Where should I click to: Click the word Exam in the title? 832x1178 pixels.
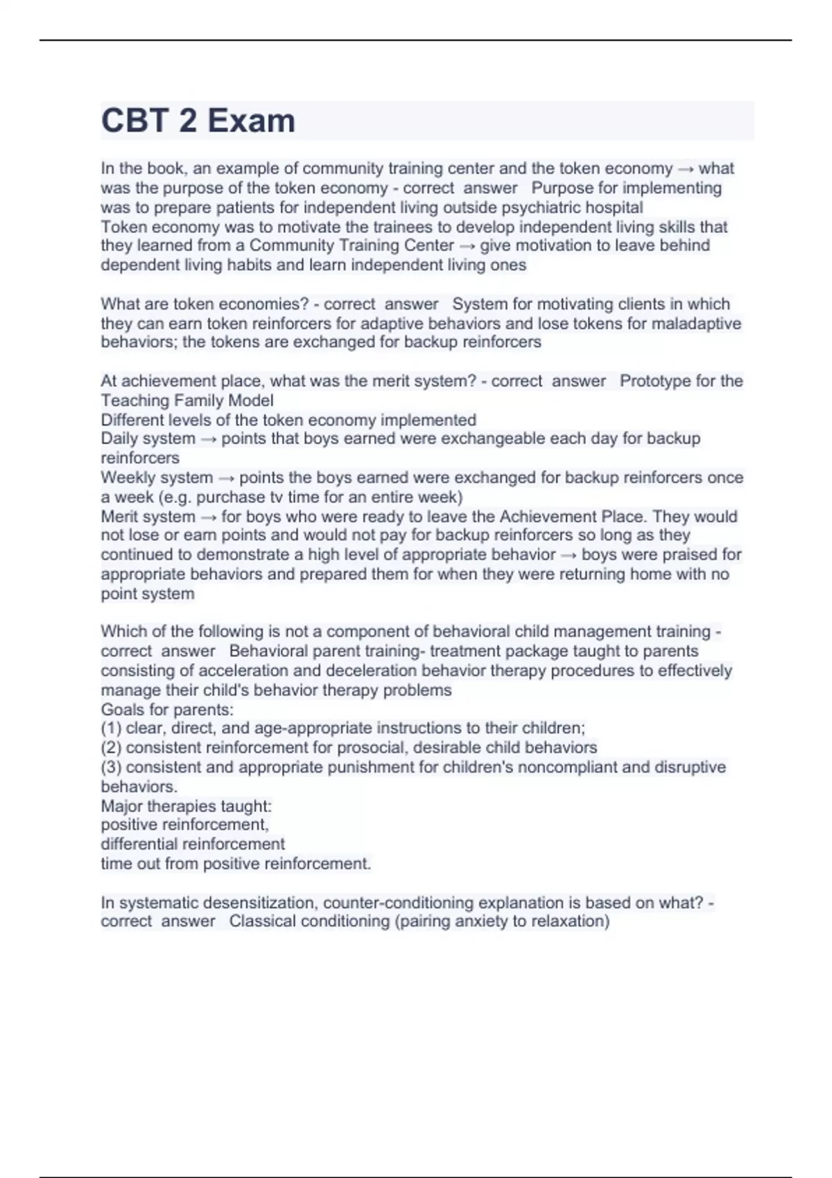[x=251, y=121]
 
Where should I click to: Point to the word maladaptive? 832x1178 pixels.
[x=694, y=324]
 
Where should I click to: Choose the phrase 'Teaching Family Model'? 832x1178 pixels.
[x=187, y=401]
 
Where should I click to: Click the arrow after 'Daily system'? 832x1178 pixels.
[x=208, y=439]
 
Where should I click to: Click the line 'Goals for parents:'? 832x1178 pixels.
[x=167, y=710]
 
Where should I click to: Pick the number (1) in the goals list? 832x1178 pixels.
[x=111, y=728]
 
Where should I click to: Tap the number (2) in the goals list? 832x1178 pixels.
[x=111, y=748]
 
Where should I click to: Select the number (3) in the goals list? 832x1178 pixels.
[x=111, y=767]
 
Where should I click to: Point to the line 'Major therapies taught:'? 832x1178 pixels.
[x=187, y=806]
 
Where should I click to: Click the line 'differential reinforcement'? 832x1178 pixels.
[x=193, y=844]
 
